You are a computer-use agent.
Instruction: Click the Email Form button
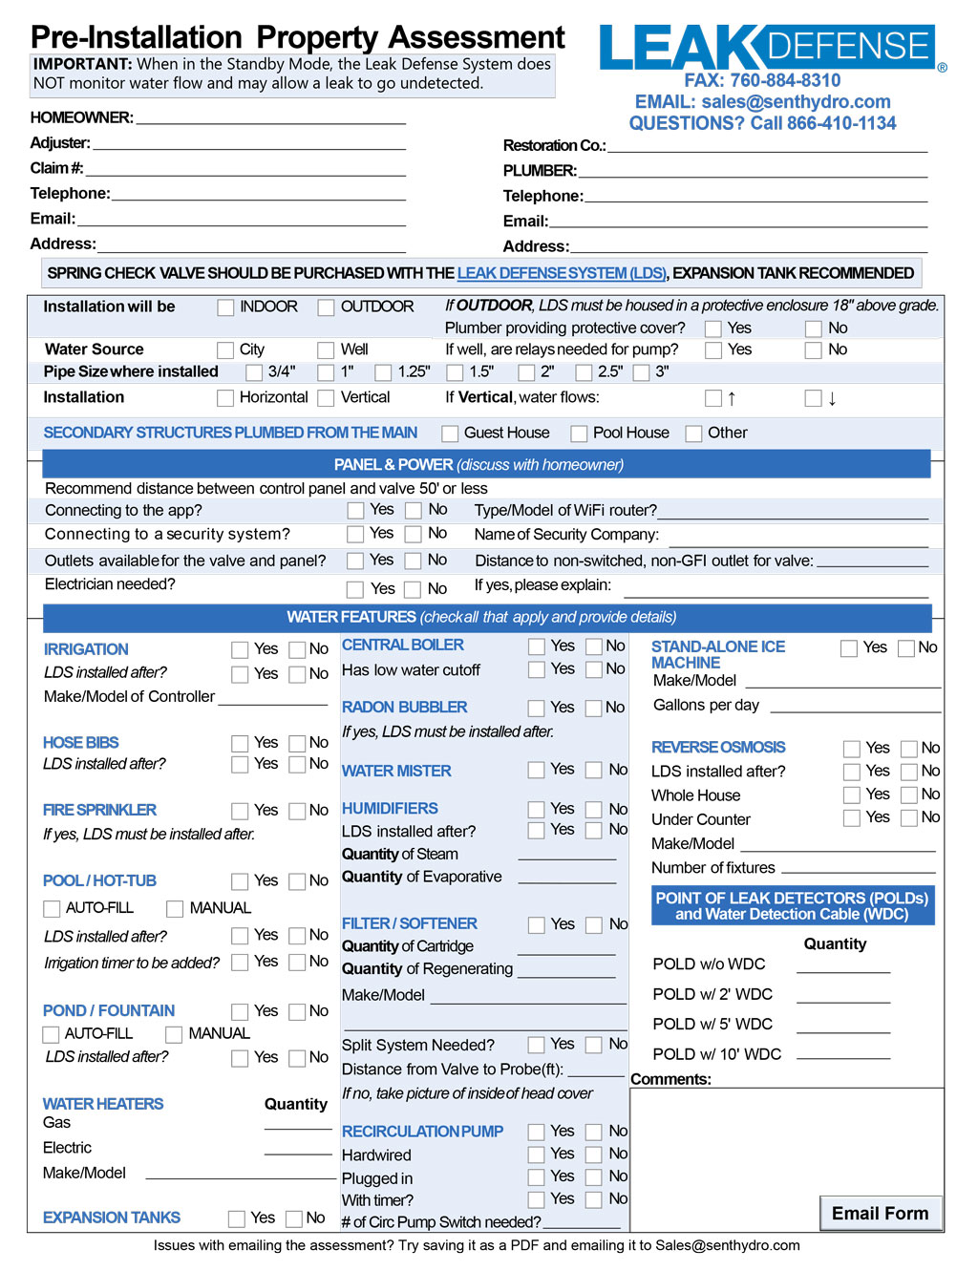880,1214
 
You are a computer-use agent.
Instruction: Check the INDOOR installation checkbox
225,307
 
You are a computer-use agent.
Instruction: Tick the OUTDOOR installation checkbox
326,307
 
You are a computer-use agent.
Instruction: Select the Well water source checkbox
326,350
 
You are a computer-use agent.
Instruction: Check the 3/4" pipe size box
254,372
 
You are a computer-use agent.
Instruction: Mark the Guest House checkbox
450,434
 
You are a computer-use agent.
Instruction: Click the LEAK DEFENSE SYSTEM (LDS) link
561,273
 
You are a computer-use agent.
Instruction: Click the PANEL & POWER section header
486,465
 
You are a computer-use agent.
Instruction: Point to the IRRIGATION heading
86,649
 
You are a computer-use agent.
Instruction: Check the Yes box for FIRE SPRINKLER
240,811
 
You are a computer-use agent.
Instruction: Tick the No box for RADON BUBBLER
594,709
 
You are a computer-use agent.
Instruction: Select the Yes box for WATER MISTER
537,770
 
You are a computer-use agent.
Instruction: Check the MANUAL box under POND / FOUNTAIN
174,1034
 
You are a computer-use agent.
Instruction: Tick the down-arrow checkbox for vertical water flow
813,398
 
